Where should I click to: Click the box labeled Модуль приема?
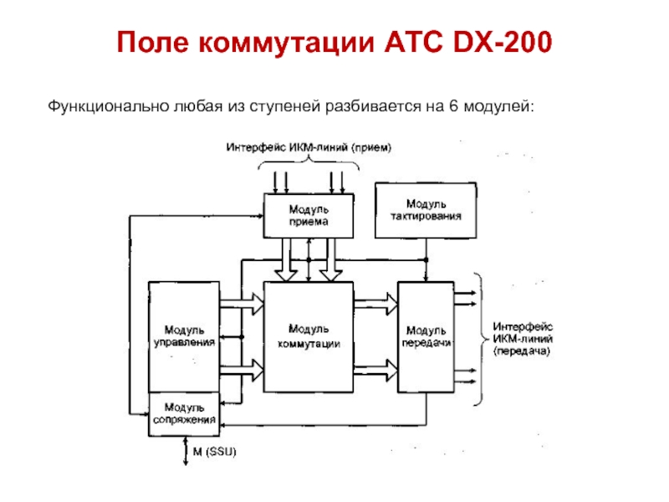pos(309,215)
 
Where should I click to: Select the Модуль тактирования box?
pos(426,209)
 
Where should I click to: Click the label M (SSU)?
pos(216,452)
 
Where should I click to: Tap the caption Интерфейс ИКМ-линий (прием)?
pos(309,147)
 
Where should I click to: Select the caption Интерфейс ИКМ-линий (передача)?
pos(522,339)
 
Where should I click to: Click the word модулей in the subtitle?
pos(501,106)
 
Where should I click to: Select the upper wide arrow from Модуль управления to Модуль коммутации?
pos(241,305)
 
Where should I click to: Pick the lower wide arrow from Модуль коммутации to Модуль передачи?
pos(375,366)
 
